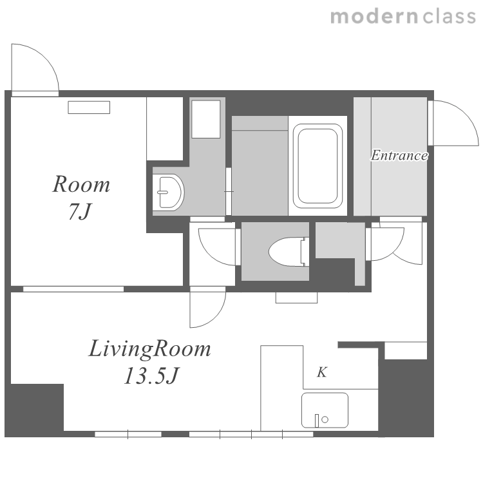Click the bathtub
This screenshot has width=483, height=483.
point(317,166)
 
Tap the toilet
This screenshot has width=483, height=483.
point(289,252)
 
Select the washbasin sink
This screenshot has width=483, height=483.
point(168,192)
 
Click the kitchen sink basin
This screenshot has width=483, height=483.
point(325,410)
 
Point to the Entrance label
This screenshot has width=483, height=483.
point(399,155)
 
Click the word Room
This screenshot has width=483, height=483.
point(81,184)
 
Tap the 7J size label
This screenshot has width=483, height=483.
point(80,212)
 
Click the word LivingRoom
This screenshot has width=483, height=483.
point(149,349)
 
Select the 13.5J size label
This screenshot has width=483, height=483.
point(151,376)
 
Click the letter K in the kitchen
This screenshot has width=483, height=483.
point(322,372)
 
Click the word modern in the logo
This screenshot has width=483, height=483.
point(374,17)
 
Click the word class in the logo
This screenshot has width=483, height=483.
point(450,17)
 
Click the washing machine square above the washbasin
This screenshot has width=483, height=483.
point(206,119)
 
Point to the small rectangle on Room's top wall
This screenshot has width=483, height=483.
point(89,108)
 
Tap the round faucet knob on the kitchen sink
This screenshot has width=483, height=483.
point(325,419)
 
